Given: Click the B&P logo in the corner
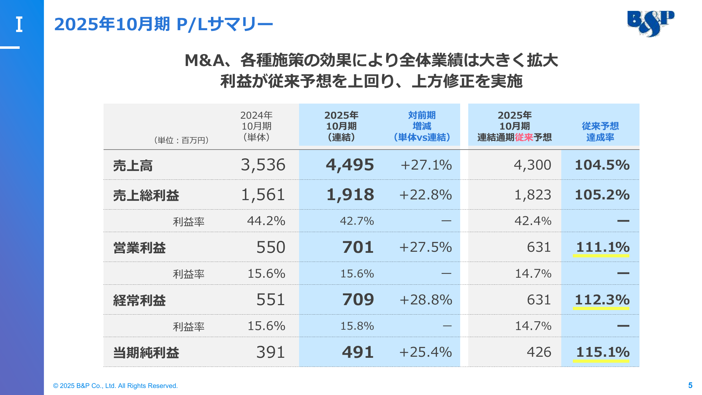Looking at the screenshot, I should coord(651,23).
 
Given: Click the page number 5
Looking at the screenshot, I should coord(690,386).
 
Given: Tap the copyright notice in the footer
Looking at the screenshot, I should coord(115,386).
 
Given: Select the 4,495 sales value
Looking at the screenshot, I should coord(350,165).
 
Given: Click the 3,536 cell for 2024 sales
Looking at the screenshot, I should coord(263,165).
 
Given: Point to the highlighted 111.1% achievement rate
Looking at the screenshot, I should coord(602,247).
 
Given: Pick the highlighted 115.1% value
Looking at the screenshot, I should coord(602,352).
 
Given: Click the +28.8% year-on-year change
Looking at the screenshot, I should coord(425,300).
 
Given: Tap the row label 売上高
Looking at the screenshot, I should coord(133,166).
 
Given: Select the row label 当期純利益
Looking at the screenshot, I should coord(146,353).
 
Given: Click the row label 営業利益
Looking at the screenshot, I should coord(139,248).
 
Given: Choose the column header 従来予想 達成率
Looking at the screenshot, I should coord(600,132).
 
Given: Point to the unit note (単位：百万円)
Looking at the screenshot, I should coord(181,140).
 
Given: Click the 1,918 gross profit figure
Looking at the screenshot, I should coord(350,195).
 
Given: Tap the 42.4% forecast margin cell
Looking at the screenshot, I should coord(532,221).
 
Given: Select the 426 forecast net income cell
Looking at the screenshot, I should coord(539,352).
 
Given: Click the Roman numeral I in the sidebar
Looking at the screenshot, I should coord(19,25).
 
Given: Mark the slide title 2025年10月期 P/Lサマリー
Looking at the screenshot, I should coord(163,24).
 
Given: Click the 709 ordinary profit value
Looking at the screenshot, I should coord(358,300).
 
